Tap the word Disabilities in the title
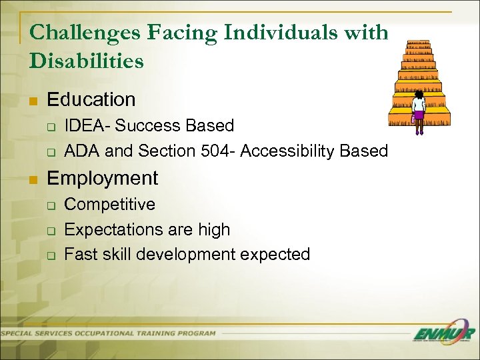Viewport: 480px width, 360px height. tap(87, 61)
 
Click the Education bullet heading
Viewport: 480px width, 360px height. tap(91, 100)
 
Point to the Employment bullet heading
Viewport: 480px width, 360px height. tap(103, 178)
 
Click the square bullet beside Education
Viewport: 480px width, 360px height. tap(33, 101)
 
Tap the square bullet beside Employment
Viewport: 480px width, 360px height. tap(33, 179)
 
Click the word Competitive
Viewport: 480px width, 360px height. tap(110, 204)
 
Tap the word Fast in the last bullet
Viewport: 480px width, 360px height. tap(80, 254)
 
